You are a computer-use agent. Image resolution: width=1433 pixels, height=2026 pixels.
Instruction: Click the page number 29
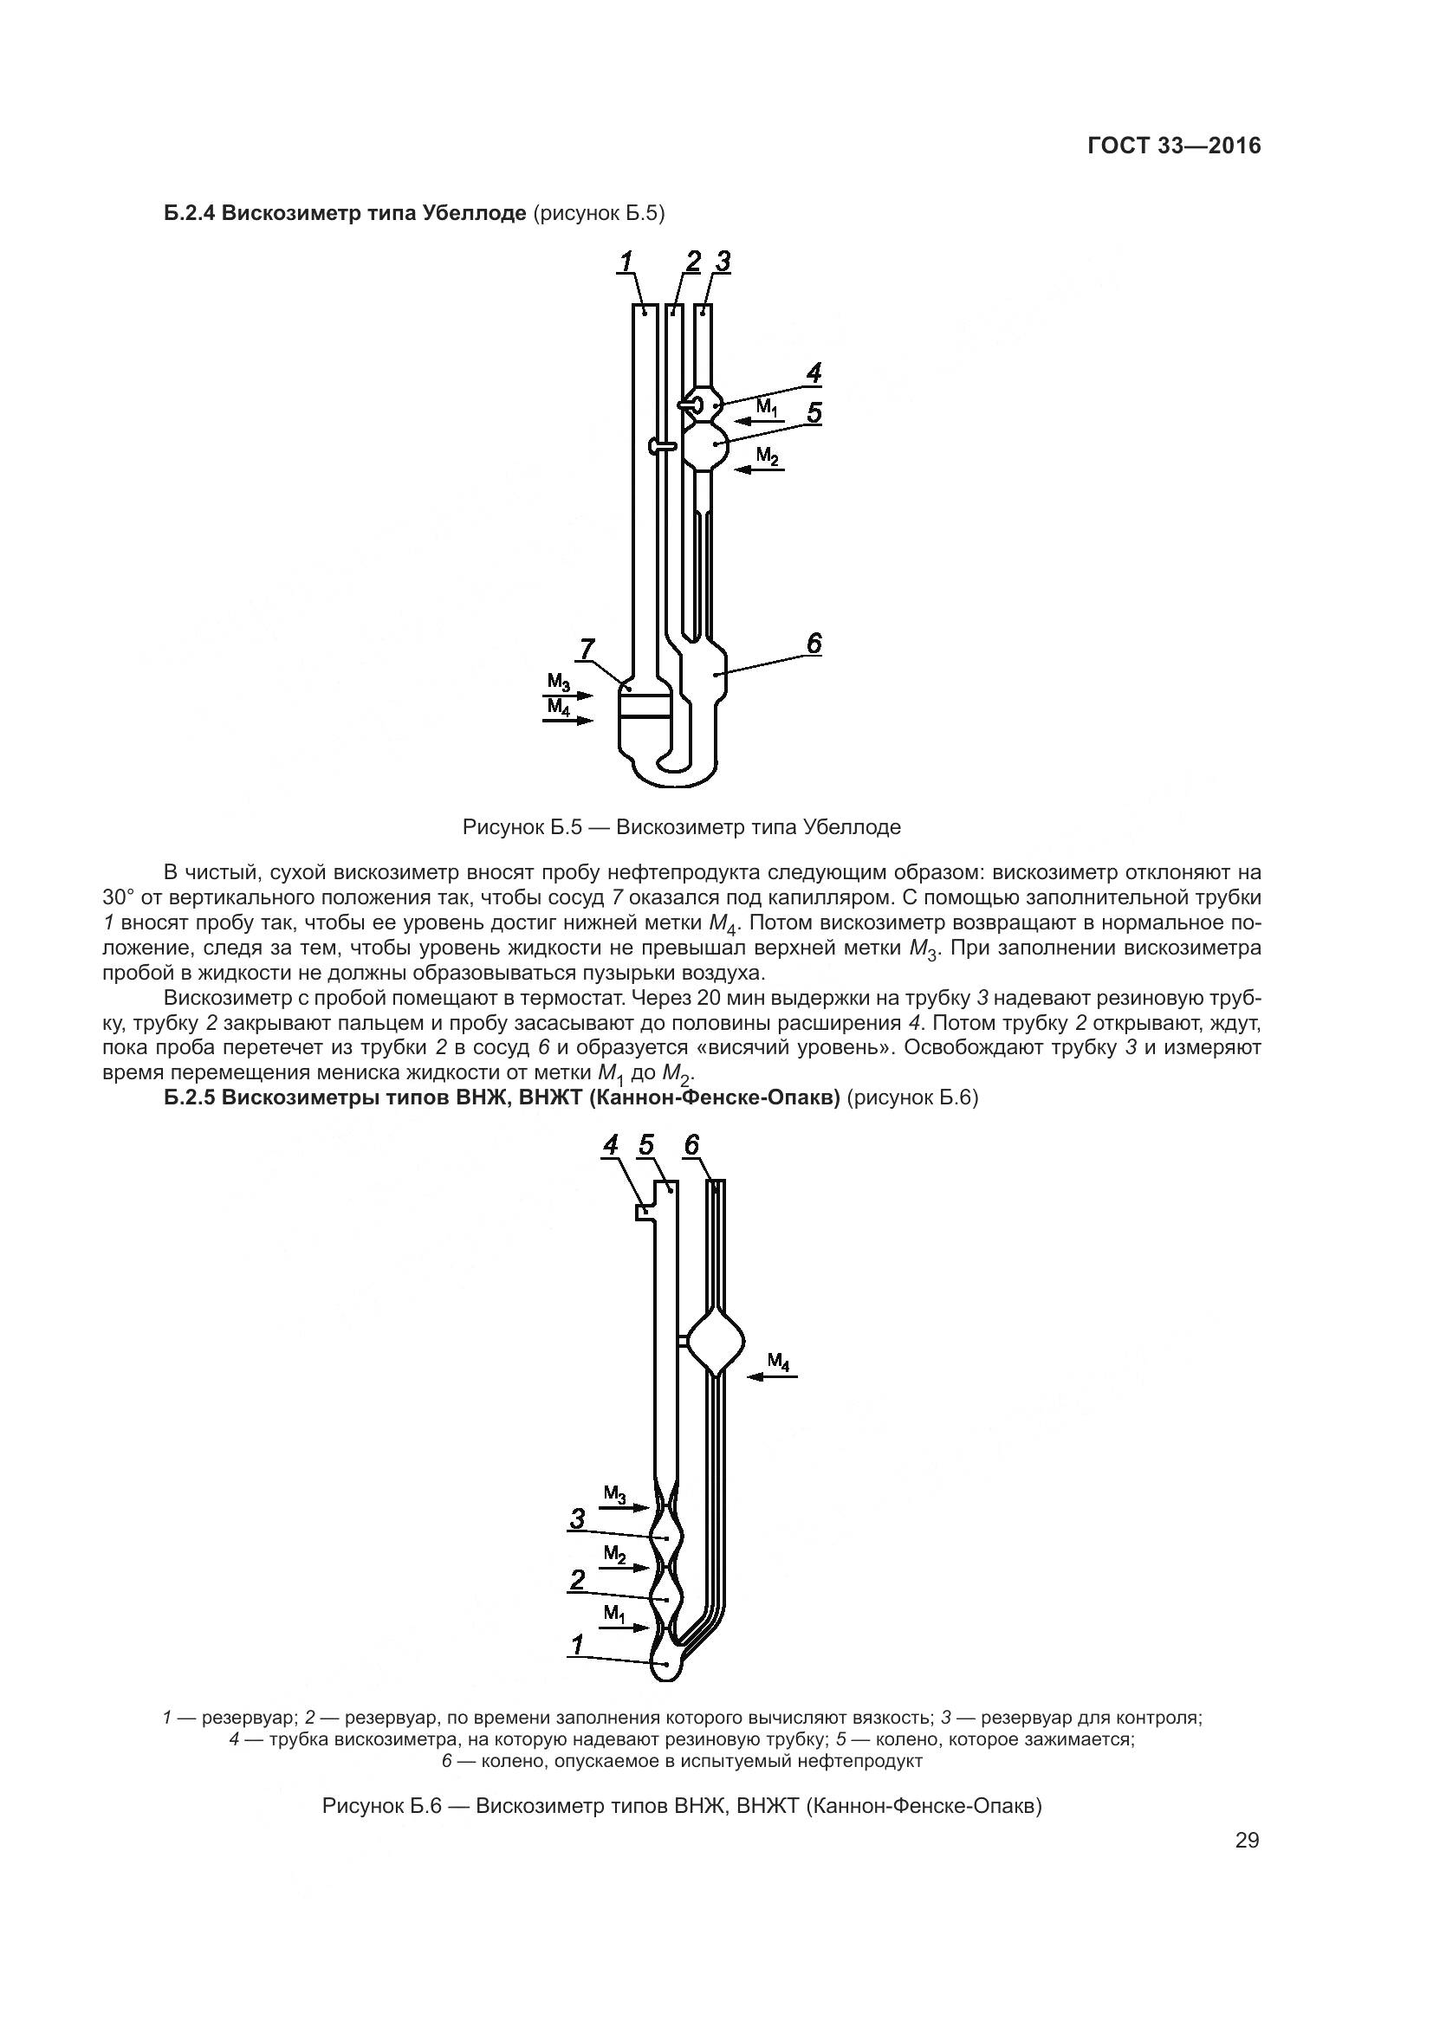[1247, 1841]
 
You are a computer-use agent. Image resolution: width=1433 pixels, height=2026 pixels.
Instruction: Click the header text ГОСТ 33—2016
[1174, 146]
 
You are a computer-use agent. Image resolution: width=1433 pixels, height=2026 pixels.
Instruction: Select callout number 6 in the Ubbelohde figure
[814, 644]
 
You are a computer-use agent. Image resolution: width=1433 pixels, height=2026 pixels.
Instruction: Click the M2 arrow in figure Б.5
[759, 469]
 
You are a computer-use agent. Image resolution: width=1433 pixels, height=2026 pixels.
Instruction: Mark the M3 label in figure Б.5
[559, 681]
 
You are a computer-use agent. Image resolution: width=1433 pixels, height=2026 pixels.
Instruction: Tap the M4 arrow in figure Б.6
[772, 1375]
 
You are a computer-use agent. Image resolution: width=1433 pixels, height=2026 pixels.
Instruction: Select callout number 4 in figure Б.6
[611, 1145]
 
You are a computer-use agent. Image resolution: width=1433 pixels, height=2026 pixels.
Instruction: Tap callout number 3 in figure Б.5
[723, 262]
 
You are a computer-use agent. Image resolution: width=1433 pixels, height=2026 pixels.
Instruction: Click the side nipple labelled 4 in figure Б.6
[644, 1214]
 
